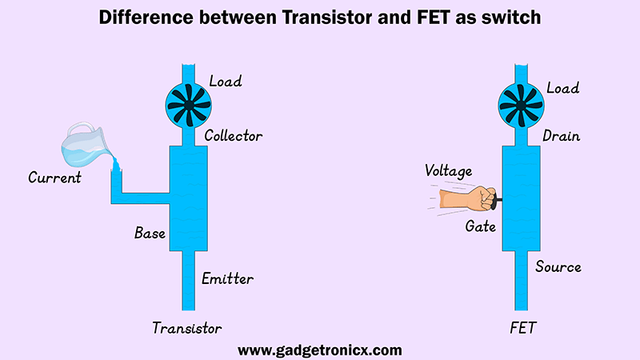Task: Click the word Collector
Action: tap(233, 135)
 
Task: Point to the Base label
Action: tap(150, 234)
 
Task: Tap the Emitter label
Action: tap(228, 278)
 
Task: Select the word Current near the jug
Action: tap(54, 177)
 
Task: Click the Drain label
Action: tap(561, 136)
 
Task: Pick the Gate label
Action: tap(481, 226)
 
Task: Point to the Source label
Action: tap(558, 266)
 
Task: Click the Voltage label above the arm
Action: tap(448, 170)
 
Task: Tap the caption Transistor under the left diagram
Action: tap(187, 328)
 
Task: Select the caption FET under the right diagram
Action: tap(522, 328)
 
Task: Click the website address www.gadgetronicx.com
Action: tap(320, 350)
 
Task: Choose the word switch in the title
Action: tap(510, 18)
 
